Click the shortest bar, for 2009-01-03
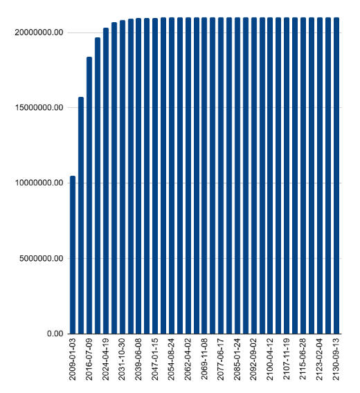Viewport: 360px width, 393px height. pos(73,255)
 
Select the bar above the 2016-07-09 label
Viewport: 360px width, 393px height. pos(89,195)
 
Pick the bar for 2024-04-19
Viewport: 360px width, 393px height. pos(106,181)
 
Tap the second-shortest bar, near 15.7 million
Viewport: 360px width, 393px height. pos(81,215)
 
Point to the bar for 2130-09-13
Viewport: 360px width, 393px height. pos(336,176)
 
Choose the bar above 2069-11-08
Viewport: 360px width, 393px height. pos(204,176)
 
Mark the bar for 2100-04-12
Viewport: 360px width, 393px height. pos(270,176)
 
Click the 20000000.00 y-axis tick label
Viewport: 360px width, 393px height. pos(39,33)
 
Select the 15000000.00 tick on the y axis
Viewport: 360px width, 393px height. pos(39,107)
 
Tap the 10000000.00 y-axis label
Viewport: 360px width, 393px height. pos(39,183)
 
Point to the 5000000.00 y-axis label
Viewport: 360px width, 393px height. pos(41,258)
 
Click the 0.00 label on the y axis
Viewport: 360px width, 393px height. pos(55,333)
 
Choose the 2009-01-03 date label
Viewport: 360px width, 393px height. pos(72,359)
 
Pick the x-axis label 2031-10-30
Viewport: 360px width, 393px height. pos(122,359)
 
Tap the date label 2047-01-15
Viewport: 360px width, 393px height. pos(155,359)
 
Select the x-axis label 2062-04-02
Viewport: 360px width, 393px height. pos(188,359)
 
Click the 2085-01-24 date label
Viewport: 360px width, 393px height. pos(237,359)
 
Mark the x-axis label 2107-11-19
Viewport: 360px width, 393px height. pos(287,359)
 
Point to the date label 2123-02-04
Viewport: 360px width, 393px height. pos(319,359)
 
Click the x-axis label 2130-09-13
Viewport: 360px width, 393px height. pos(336,359)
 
